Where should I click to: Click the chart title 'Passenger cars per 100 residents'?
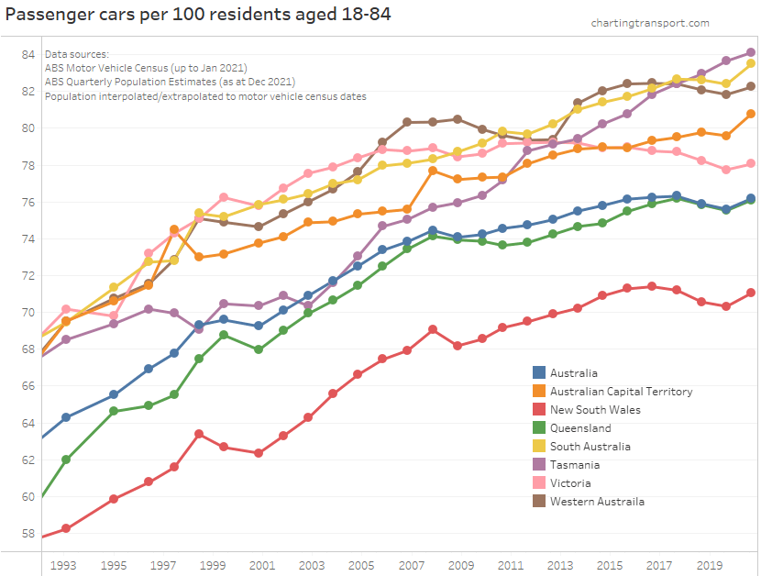[198, 16]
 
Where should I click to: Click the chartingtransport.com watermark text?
[649, 23]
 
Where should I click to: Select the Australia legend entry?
[573, 373]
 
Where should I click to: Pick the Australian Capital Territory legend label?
[621, 392]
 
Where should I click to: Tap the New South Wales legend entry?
[595, 410]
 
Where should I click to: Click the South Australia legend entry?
[590, 447]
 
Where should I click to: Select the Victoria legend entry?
[570, 483]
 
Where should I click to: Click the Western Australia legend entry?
[597, 502]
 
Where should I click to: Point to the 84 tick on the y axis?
[28, 54]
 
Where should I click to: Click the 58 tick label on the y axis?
[28, 533]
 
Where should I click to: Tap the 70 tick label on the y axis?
[28, 313]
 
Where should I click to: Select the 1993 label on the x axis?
[64, 566]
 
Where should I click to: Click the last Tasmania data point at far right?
[751, 52]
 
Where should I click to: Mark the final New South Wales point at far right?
[751, 293]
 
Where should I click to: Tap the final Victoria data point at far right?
[751, 163]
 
